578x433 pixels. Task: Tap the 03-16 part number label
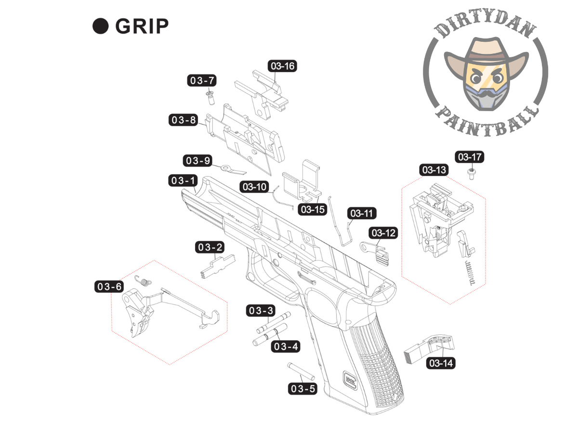tap(283, 66)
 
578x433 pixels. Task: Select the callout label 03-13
tap(434, 170)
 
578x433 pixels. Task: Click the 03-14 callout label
tap(441, 363)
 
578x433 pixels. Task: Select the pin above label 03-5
tap(302, 370)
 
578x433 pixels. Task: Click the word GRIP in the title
tap(142, 27)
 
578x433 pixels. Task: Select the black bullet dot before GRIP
tap(100, 26)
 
